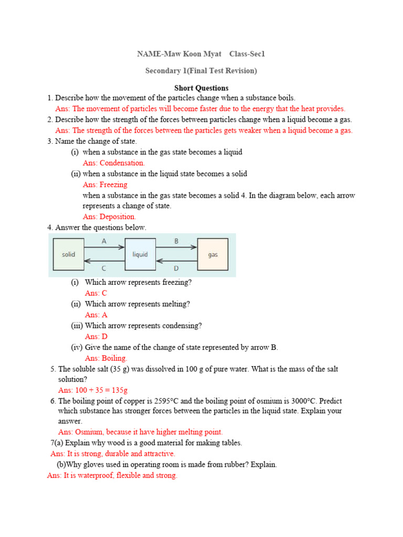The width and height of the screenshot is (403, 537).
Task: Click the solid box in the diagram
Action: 69,254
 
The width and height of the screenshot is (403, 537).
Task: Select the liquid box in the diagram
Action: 140,254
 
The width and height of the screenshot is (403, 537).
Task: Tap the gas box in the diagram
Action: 213,254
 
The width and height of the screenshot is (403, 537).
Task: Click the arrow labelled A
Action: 104,246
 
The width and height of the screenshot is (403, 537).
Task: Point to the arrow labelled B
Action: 176,246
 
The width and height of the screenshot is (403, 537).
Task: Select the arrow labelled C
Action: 104,261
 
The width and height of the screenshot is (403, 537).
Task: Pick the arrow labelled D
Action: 176,261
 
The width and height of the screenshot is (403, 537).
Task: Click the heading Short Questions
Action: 201,88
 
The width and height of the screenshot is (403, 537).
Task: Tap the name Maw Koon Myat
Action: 187,54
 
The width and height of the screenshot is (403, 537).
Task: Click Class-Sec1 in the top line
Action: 247,54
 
